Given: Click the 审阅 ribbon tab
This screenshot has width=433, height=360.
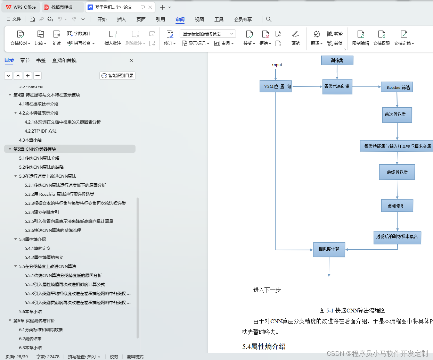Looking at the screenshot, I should click(180, 19).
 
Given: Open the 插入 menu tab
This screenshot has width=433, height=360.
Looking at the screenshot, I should click(121, 19).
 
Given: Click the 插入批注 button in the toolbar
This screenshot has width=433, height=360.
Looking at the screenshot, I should click(113, 38).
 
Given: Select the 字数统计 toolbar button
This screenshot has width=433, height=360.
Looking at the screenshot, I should click(79, 34).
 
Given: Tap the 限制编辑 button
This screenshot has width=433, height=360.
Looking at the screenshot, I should click(360, 38).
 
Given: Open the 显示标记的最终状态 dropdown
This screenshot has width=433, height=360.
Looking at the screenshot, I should click(208, 34).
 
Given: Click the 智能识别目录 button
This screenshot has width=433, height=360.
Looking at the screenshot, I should click(117, 76).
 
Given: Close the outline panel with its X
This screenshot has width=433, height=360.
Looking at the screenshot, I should click(131, 60).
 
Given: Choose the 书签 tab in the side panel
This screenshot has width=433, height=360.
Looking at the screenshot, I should click(41, 60).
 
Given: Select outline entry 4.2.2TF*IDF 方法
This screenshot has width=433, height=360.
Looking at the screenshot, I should click(41, 131).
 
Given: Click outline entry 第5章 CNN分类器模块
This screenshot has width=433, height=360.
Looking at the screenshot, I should click(35, 149).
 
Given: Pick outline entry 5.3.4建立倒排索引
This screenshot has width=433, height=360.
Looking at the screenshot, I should click(42, 212).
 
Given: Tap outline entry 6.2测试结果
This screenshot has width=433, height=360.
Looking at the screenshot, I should click(30, 339).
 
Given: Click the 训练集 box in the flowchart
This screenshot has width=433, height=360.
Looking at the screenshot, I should click(337, 60).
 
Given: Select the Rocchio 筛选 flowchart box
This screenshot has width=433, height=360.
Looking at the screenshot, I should click(397, 87).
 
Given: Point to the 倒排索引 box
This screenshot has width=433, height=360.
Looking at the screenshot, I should click(397, 206).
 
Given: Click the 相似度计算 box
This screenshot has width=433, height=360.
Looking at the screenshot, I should click(329, 249).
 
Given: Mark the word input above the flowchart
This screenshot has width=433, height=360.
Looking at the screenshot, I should click(277, 65).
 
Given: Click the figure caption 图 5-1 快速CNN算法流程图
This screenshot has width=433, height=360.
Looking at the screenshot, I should click(352, 310).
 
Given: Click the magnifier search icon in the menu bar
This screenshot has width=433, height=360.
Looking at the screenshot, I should click(269, 19).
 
